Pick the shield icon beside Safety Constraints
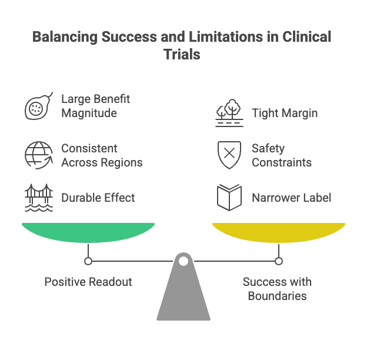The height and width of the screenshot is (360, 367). coord(229,155)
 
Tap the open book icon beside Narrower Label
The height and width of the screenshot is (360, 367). coord(229,198)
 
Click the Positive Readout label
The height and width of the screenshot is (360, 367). coord(88,282)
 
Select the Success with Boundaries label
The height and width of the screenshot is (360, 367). coord(277,288)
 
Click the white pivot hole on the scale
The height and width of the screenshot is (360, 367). coord(183,261)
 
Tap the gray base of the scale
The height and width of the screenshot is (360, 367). coord(183,294)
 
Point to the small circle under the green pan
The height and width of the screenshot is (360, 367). coord(88,261)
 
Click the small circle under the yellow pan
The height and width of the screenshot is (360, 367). coord(279,261)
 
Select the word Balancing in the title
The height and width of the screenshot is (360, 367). coord(65,36)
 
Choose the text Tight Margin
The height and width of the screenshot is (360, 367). coord(285,113)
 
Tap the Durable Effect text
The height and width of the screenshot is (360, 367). coord(98,198)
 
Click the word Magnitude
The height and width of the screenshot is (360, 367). coord(89,112)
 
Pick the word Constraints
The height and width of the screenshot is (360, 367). coord(282,162)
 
